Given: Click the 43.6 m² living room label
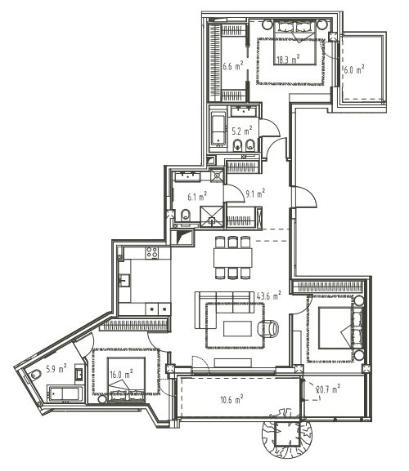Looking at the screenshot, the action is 269,295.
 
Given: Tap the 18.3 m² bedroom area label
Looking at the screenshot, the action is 288,59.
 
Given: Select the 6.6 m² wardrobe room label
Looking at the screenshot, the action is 233,65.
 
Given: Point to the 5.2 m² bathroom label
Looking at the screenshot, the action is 242,131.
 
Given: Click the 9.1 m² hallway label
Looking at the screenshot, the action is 255,193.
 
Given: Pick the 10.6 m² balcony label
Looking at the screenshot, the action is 231,399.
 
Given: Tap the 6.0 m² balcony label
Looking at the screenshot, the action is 354,69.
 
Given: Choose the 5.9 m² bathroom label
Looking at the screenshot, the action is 56,369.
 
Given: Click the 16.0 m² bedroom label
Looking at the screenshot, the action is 121,375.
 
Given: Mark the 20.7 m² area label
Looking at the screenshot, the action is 328,389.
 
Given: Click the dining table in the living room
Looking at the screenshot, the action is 233,257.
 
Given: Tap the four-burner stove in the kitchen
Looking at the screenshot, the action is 152,253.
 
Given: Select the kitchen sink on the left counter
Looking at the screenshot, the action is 124,281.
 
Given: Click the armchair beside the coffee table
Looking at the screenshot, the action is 268,327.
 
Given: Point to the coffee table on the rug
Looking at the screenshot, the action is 237,329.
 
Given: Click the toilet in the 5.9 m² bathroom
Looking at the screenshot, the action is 36,375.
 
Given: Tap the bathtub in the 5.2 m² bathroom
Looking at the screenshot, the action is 218,128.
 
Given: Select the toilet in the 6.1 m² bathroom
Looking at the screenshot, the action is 186,215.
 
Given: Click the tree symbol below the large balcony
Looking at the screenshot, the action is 286,433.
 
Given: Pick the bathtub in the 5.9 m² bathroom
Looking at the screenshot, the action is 65,393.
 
